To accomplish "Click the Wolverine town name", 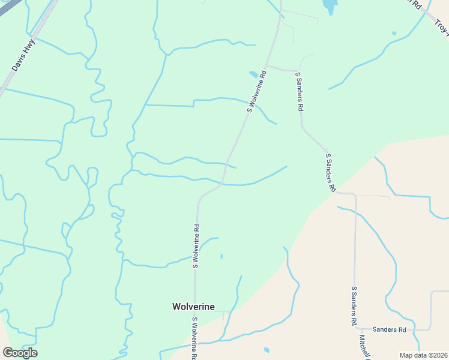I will click(193, 307).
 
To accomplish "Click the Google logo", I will click(20, 353).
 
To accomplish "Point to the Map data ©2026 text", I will click(423, 355).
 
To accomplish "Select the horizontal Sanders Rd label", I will click(389, 329).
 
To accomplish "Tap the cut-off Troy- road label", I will click(442, 28).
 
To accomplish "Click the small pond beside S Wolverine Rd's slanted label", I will click(254, 74).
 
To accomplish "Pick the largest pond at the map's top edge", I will click(330, 7).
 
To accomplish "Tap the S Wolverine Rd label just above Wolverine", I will click(196, 246).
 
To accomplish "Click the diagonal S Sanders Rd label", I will click(330, 172).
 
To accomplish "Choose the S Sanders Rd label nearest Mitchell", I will click(354, 306).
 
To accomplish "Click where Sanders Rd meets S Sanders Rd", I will click(355, 329).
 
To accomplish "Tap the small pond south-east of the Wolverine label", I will click(267, 350).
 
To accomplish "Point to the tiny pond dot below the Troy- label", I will click(394, 34).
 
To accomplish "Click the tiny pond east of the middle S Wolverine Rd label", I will click(221, 256).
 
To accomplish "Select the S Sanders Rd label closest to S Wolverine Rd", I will click(299, 92).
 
